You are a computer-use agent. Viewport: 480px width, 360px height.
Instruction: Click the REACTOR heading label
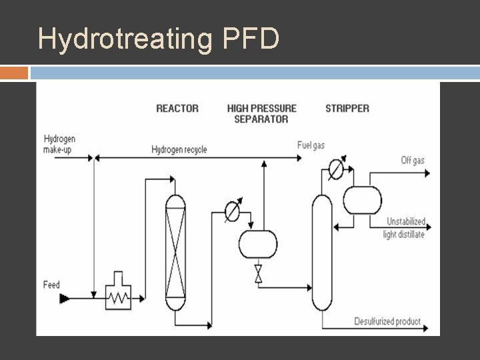pyautogui.click(x=177, y=108)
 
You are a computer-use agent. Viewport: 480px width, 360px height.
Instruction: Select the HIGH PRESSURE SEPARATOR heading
pyautogui.click(x=261, y=113)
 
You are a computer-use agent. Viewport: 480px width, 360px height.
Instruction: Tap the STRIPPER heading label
pyautogui.click(x=347, y=108)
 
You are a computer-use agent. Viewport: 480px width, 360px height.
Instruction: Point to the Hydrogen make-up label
pyautogui.click(x=59, y=144)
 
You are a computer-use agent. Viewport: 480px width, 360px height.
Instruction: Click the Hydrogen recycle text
pyautogui.click(x=179, y=149)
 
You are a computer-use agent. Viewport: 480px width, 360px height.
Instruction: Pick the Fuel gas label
pyautogui.click(x=311, y=145)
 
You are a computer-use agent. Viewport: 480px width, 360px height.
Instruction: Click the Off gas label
pyautogui.click(x=412, y=160)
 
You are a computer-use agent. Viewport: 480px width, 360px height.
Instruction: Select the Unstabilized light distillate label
pyautogui.click(x=405, y=228)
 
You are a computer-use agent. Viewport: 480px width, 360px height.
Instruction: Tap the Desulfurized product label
pyautogui.click(x=387, y=321)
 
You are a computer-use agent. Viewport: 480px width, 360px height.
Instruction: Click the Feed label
pyautogui.click(x=51, y=285)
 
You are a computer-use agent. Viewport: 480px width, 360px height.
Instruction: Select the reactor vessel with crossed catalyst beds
pyautogui.click(x=175, y=252)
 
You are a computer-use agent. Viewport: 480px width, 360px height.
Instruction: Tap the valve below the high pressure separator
pyautogui.click(x=258, y=273)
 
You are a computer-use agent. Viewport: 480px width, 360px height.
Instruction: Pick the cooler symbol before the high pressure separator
pyautogui.click(x=232, y=211)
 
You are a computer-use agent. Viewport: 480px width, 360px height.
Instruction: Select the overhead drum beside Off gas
pyautogui.click(x=362, y=200)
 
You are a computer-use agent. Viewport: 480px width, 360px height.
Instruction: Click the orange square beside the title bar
pyautogui.click(x=14, y=72)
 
